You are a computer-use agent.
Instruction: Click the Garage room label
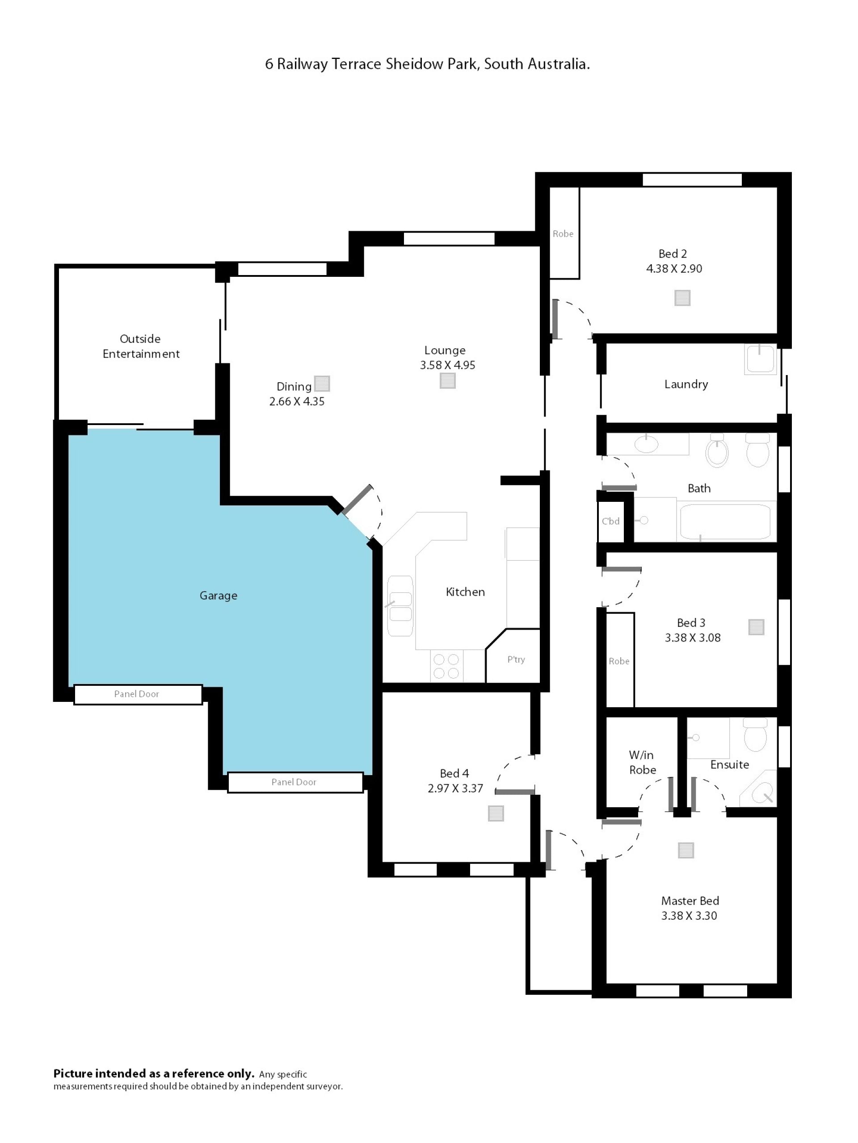pos(218,595)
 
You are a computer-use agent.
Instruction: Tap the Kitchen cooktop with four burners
pos(446,666)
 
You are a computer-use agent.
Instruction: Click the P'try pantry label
pos(516,659)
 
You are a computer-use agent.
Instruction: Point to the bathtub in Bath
pos(725,522)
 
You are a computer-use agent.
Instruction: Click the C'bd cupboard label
pos(610,521)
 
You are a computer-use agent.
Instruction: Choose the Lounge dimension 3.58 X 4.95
pos(447,365)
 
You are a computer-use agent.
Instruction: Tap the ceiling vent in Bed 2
pos(682,298)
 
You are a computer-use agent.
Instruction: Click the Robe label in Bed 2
pos(563,234)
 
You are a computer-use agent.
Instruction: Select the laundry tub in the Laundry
pos(760,359)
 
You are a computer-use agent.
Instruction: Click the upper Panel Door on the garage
pos(138,694)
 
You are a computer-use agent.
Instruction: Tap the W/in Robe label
pos(642,762)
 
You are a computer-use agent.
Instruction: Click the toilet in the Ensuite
pos(755,736)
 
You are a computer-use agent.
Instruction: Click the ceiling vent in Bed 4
pos(496,813)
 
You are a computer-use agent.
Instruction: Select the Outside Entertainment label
pos(141,346)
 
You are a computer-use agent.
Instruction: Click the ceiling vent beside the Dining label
pos(322,384)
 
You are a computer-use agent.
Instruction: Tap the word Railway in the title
pos(302,64)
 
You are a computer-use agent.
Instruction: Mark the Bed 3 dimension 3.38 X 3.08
pos(693,638)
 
